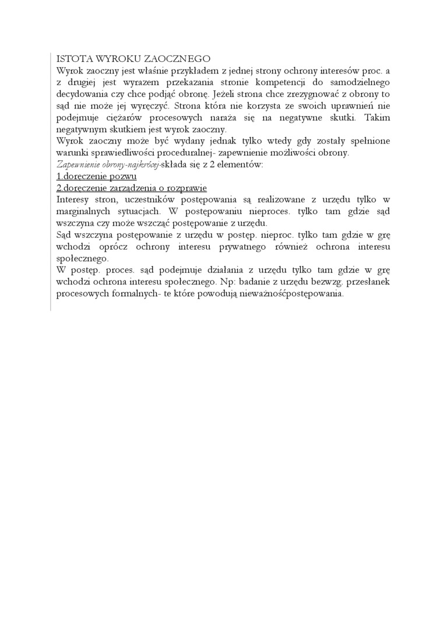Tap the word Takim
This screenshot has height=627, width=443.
pyautogui.click(x=377, y=118)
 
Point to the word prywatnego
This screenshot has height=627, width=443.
pyautogui.click(x=253, y=247)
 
